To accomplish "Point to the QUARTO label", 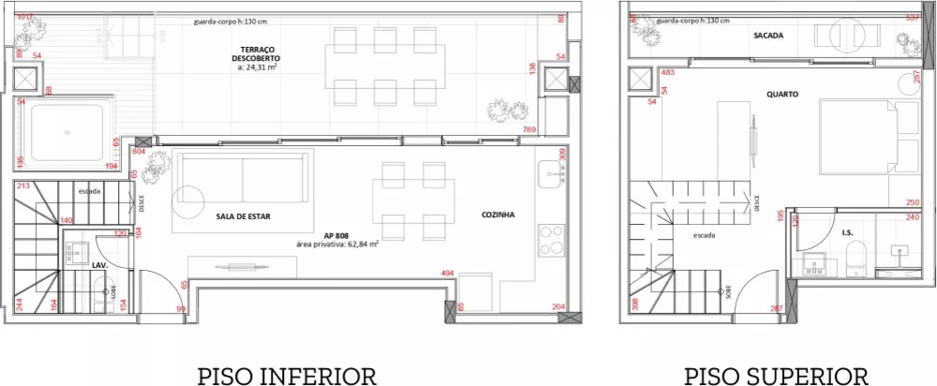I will point(781,94).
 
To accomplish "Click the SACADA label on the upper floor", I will point(768,36).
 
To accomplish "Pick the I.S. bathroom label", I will point(847,231).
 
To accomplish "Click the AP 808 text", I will point(337,234).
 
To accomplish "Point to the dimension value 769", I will point(529,130).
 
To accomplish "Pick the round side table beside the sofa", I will point(186,199).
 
